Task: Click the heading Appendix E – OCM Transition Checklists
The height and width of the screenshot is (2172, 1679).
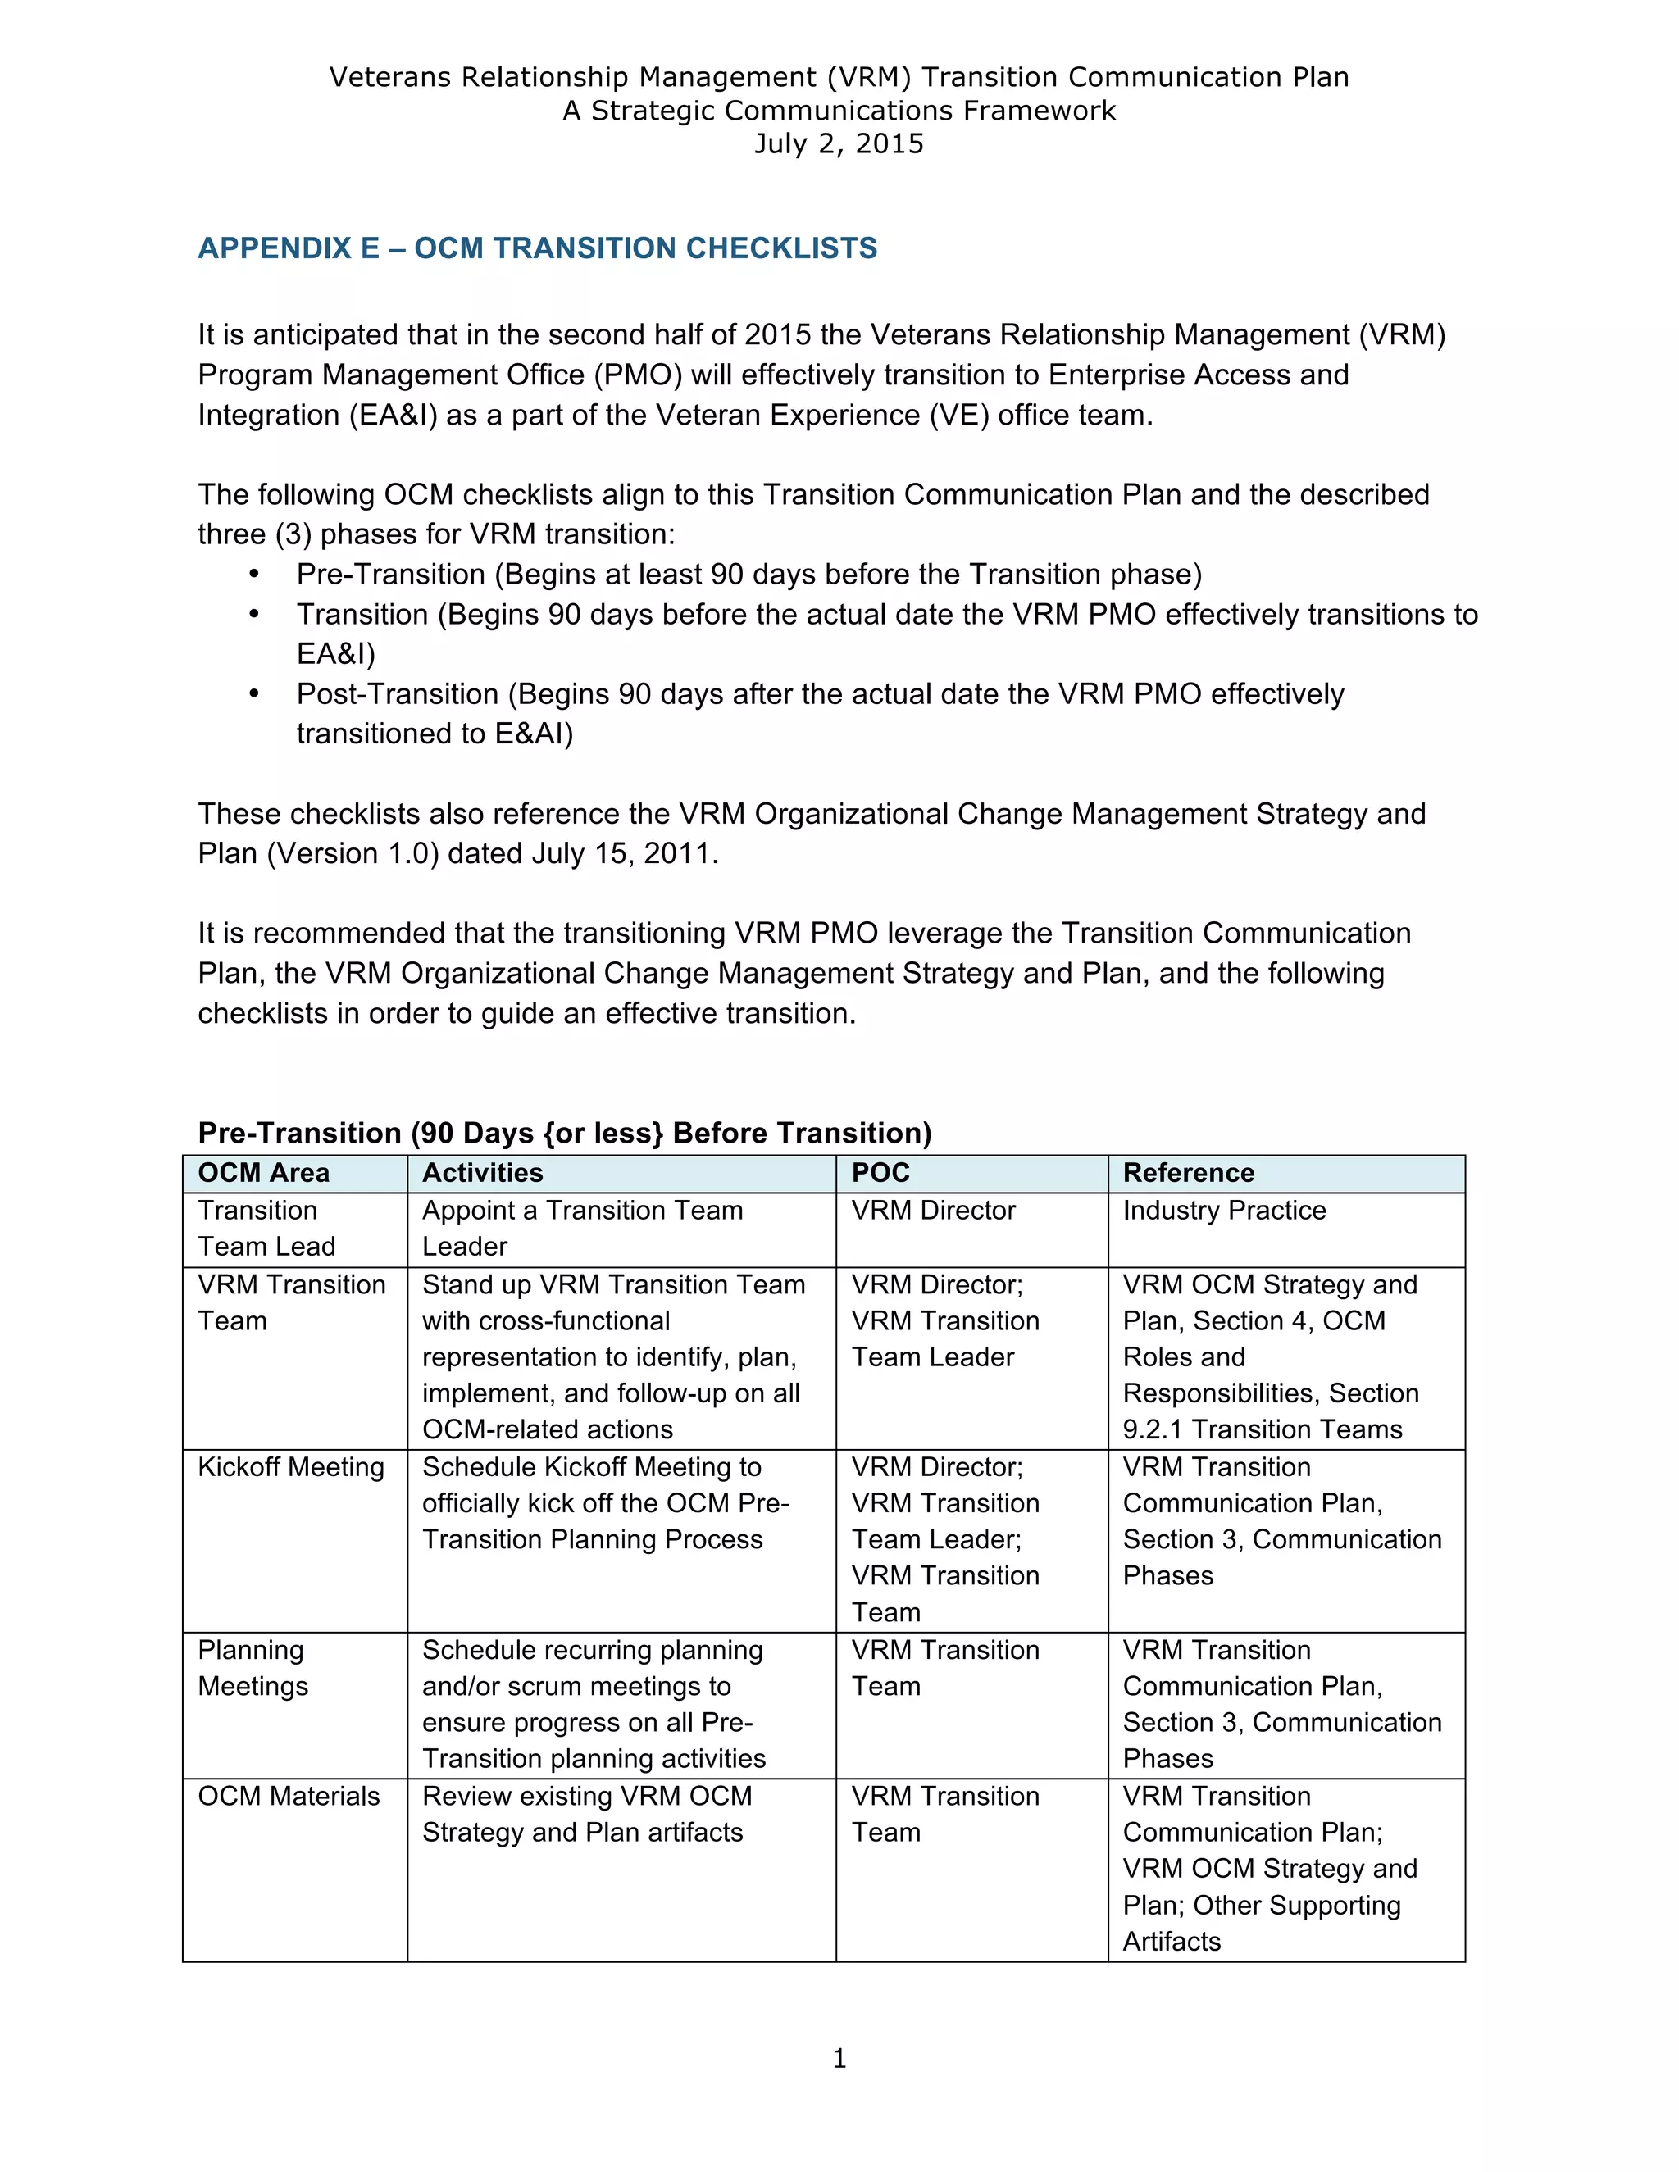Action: pyautogui.click(x=537, y=248)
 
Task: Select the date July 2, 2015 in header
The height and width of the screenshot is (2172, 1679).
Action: pyautogui.click(x=839, y=144)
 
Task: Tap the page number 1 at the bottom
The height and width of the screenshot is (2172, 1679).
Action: pyautogui.click(x=839, y=2059)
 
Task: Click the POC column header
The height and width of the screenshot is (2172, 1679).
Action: pyautogui.click(x=880, y=1173)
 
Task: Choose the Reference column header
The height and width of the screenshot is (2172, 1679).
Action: pyautogui.click(x=1188, y=1173)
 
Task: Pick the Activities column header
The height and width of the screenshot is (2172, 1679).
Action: pyautogui.click(x=482, y=1173)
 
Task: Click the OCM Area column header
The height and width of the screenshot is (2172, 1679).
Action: pyautogui.click(x=264, y=1173)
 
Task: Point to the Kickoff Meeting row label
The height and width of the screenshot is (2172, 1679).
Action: pyautogui.click(x=290, y=1467)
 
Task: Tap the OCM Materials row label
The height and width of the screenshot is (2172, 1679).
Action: pyautogui.click(x=289, y=1796)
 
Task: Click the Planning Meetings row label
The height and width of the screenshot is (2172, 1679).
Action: pyautogui.click(x=253, y=1668)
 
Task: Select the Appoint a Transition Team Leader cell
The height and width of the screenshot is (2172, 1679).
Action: pyautogui.click(x=582, y=1229)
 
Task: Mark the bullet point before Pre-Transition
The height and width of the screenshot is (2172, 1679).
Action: pyautogui.click(x=255, y=575)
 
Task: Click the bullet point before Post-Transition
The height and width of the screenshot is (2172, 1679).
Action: pyautogui.click(x=255, y=694)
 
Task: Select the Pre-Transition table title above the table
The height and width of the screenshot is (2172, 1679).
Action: pyautogui.click(x=564, y=1133)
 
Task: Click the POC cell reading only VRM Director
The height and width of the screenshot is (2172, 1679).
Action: pyautogui.click(x=933, y=1211)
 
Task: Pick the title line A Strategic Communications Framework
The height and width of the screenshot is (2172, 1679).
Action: pyautogui.click(x=839, y=111)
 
